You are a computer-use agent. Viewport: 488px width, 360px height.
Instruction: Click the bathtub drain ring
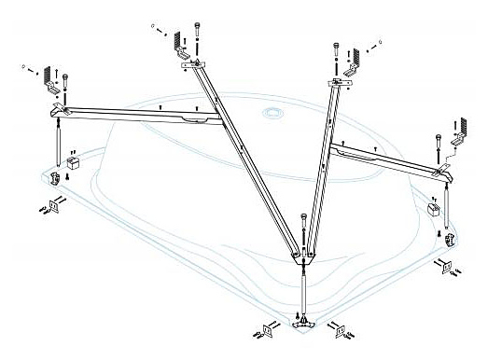pos(273,114)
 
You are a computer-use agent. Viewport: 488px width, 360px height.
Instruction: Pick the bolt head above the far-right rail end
pos(439,139)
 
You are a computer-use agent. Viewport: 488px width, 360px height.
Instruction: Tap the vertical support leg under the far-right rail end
pos(447,207)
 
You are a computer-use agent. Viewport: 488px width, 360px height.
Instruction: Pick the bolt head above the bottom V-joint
pos(305,220)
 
